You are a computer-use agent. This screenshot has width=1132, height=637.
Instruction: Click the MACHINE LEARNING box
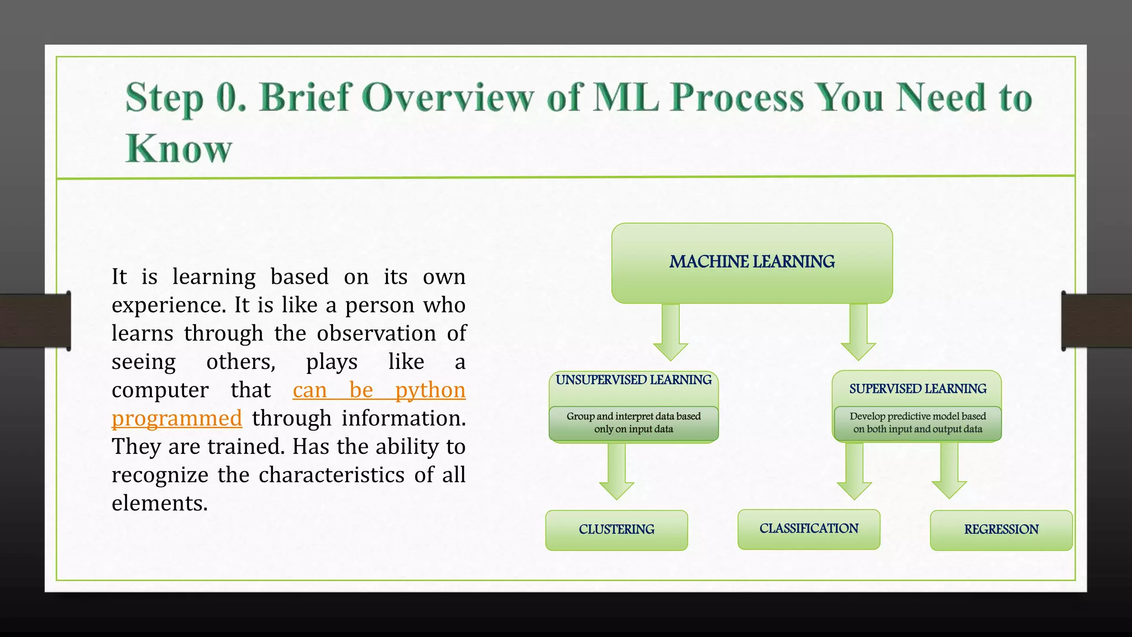pyautogui.click(x=752, y=262)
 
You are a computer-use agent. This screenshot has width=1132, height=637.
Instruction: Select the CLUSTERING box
pyautogui.click(x=616, y=530)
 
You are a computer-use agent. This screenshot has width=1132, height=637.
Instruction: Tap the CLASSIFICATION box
pyautogui.click(x=809, y=529)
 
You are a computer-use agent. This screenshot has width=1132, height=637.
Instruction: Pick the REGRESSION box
pyautogui.click(x=1001, y=530)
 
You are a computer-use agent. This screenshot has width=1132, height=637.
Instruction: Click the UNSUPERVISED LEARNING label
pyautogui.click(x=633, y=380)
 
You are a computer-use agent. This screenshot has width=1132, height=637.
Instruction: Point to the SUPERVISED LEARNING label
pyautogui.click(x=918, y=389)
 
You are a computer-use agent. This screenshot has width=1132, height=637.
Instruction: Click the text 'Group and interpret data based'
pyautogui.click(x=633, y=416)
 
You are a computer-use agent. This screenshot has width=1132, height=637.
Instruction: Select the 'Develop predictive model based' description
pyautogui.click(x=918, y=416)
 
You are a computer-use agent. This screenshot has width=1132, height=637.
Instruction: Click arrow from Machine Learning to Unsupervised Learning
pyautogui.click(x=670, y=332)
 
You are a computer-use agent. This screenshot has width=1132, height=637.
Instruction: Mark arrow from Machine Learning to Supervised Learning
pyautogui.click(x=858, y=332)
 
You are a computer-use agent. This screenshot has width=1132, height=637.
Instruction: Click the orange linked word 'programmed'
pyautogui.click(x=177, y=419)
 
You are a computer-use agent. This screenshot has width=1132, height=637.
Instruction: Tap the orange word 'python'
pyautogui.click(x=430, y=390)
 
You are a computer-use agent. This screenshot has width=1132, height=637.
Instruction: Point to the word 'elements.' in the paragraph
pyautogui.click(x=160, y=503)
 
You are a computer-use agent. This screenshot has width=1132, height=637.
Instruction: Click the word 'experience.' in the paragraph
pyautogui.click(x=169, y=306)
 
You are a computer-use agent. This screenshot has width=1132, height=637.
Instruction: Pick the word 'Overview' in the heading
pyautogui.click(x=448, y=98)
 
